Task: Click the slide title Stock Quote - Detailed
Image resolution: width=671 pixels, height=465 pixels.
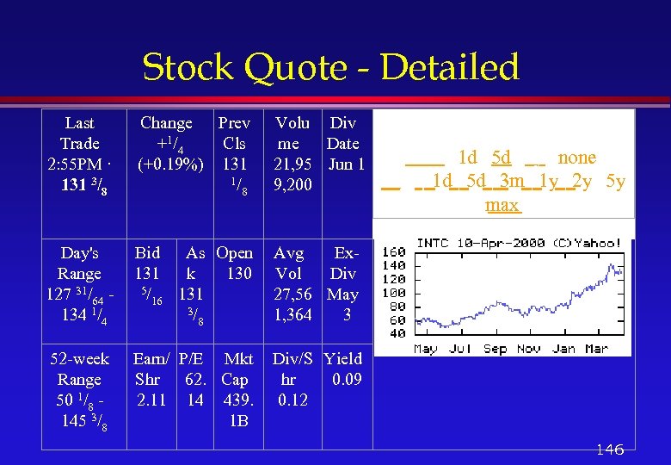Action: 330,67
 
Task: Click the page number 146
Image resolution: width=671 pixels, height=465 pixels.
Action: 609,449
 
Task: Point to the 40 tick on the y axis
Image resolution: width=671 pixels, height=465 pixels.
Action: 396,333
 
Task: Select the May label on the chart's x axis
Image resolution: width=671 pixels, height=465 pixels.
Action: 425,349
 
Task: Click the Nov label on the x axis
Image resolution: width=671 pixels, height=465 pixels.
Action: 528,349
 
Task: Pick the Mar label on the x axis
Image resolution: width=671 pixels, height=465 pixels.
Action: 597,349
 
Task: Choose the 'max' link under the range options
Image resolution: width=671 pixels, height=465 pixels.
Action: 502,205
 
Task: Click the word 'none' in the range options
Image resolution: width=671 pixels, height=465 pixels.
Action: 576,158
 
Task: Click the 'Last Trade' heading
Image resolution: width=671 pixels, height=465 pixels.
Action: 80,133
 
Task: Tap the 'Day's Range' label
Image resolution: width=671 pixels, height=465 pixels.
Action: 80,263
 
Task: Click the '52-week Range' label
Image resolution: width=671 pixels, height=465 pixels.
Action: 80,369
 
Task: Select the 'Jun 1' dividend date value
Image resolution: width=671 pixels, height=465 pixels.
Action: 347,164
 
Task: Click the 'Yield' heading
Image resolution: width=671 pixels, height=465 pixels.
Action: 344,359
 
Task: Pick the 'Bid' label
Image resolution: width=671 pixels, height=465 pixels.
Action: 148,253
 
